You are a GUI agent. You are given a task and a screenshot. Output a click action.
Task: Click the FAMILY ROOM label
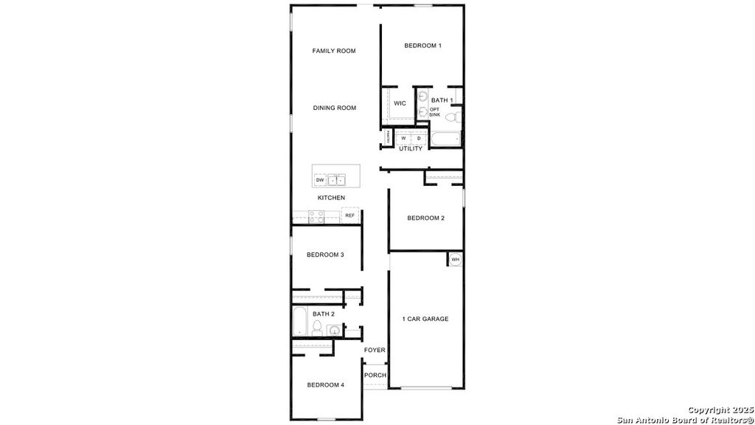pyautogui.click(x=334, y=51)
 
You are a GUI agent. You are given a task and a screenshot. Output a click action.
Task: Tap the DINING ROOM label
pyautogui.click(x=335, y=108)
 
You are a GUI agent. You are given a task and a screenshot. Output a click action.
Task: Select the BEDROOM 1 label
pyautogui.click(x=422, y=46)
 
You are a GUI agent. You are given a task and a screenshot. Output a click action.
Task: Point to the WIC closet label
pyautogui.click(x=400, y=103)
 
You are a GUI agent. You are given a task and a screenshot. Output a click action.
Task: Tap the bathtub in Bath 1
pyautogui.click(x=445, y=139)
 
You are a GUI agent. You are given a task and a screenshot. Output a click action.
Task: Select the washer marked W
pyautogui.click(x=403, y=138)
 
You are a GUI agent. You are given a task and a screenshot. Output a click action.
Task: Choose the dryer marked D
pyautogui.click(x=419, y=138)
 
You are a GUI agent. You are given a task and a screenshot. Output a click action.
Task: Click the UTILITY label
pyautogui.click(x=411, y=149)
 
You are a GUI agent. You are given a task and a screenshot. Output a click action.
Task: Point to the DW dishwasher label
pyautogui.click(x=320, y=180)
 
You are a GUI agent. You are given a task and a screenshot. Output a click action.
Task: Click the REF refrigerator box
pyautogui.click(x=350, y=215)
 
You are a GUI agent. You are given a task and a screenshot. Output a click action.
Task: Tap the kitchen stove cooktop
pyautogui.click(x=316, y=216)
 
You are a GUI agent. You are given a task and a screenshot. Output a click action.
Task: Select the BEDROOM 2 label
pyautogui.click(x=425, y=218)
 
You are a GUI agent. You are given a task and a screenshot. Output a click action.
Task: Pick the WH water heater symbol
pyautogui.click(x=455, y=260)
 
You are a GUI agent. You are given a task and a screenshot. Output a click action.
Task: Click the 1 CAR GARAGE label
pyautogui.click(x=425, y=319)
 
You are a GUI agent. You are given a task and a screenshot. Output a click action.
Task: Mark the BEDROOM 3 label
pyautogui.click(x=325, y=255)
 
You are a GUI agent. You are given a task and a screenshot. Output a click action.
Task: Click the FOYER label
pyautogui.click(x=375, y=350)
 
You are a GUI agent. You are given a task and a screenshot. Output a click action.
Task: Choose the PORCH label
pyautogui.click(x=375, y=375)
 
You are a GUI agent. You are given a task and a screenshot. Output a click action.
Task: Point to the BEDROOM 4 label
pyautogui.click(x=325, y=385)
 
